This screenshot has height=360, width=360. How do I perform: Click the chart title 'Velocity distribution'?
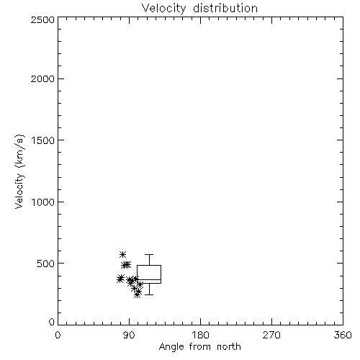tap(199, 9)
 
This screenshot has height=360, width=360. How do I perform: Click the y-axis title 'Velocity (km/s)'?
tap(19, 171)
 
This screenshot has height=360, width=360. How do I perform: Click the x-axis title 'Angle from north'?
tap(199, 347)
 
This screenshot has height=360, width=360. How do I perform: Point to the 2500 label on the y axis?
tap(42, 19)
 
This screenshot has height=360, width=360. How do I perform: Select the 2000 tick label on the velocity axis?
tap(42, 78)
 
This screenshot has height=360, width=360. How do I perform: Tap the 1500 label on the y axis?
tap(43, 140)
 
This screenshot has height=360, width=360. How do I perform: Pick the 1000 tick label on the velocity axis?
tap(43, 202)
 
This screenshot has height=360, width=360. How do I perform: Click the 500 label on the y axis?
tap(46, 264)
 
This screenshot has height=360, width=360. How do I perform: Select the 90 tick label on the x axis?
tap(129, 335)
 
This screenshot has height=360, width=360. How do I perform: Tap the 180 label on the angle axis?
tap(200, 335)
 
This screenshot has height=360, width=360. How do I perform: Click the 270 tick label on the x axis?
tap(271, 335)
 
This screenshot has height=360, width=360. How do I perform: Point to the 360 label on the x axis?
tap(343, 335)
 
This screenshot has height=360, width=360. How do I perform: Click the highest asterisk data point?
tap(123, 254)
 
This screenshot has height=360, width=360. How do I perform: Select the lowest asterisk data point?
tap(137, 294)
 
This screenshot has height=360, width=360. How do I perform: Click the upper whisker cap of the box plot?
tap(149, 254)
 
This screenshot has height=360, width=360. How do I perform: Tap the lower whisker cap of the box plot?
tap(149, 294)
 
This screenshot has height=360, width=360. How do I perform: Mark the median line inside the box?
tap(149, 279)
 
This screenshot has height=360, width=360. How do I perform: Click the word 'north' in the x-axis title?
tap(229, 347)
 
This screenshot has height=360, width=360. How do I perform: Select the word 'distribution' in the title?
tap(225, 9)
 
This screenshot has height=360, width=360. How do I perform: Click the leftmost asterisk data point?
tap(120, 279)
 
